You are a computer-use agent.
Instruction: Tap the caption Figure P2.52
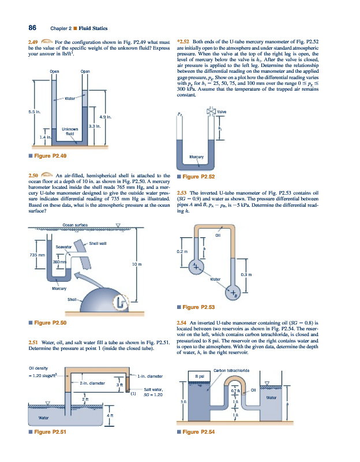199,177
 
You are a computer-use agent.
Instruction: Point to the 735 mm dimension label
30,254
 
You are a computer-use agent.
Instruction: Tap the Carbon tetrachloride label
231,370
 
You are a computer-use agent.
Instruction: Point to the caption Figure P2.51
50,431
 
